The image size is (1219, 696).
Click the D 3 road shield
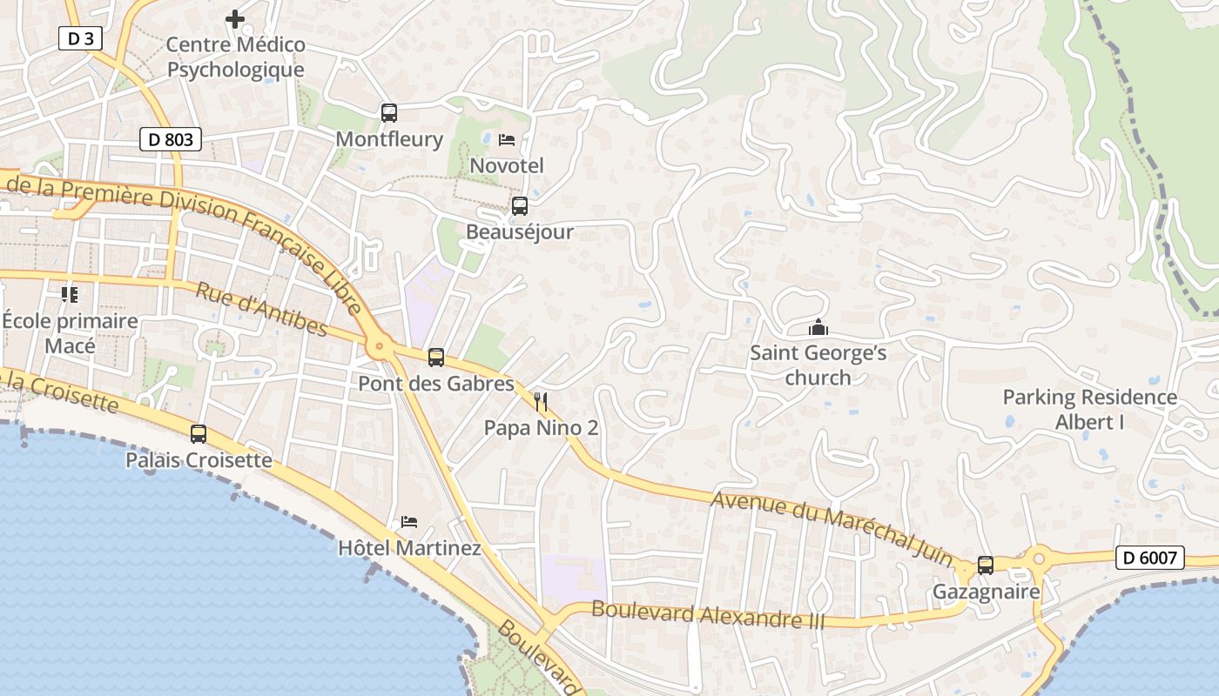pos(80,38)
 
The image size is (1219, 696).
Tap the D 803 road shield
pos(171,138)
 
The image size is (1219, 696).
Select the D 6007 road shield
pos(1149,558)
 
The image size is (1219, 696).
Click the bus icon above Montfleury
pos(389,112)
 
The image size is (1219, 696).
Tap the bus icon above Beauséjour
pos(520,206)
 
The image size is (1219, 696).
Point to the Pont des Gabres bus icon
pos(436,357)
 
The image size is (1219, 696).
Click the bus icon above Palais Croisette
pos(199,434)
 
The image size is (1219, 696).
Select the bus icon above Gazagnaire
pos(986,565)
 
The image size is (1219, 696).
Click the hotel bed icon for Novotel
pos(507,139)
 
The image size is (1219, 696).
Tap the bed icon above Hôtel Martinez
pos(409,522)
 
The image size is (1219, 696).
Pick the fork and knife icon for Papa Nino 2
pos(542,401)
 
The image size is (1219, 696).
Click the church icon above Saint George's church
pos(818,328)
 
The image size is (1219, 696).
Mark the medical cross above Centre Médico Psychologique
pos(235,18)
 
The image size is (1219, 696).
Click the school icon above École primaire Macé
pos(70,295)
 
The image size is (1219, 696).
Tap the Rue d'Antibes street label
pos(261,310)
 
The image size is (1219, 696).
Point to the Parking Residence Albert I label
pos(1089,410)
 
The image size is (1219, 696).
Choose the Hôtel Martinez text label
pos(409,548)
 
